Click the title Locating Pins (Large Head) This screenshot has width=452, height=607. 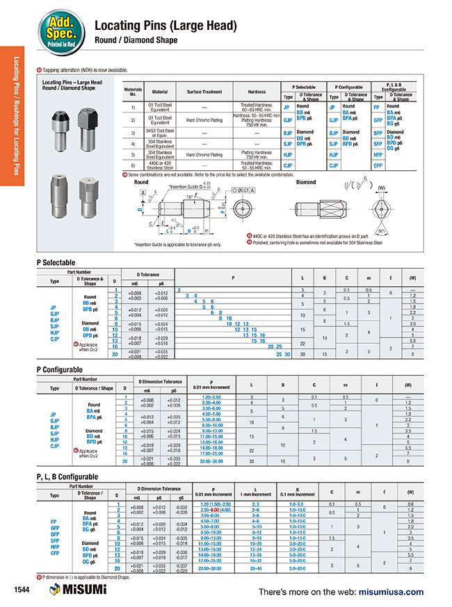(x=166, y=26)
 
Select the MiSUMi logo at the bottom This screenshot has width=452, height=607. (x=77, y=590)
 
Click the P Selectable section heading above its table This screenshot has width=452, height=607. (x=56, y=263)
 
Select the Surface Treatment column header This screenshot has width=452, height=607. (x=203, y=92)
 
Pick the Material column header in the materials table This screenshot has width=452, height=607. (x=160, y=92)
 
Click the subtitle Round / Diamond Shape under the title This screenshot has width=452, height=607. (x=136, y=41)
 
